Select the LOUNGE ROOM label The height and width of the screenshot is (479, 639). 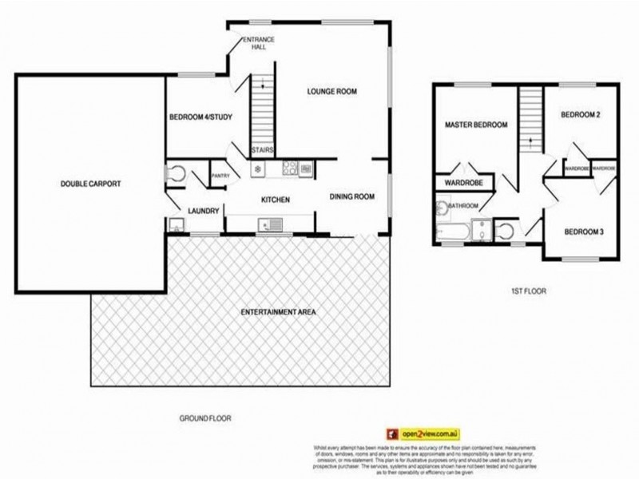(331, 92)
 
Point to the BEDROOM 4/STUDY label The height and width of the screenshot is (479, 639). (200, 118)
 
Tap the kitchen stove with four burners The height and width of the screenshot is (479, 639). (306, 168)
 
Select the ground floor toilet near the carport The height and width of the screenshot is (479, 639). (177, 174)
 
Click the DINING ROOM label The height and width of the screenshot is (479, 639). (353, 196)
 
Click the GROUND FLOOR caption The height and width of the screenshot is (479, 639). (206, 418)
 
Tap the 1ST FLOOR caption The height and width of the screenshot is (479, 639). (528, 291)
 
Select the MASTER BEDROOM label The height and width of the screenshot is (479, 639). (477, 125)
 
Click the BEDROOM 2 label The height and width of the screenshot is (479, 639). (581, 115)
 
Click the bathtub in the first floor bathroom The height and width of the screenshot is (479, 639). (454, 234)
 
